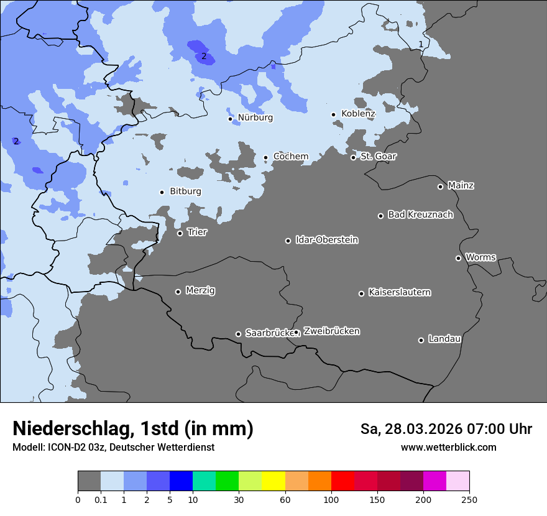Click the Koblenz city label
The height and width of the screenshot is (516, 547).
point(358,114)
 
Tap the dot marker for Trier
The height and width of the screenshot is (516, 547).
point(180,233)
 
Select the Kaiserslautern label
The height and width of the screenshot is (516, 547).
point(399,292)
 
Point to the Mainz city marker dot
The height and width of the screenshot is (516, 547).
point(440,187)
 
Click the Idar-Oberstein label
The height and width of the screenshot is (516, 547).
point(326,240)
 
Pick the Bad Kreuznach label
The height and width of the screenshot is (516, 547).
point(420,214)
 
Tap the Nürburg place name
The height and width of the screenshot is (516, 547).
point(255,117)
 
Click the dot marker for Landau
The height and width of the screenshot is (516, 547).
point(421,340)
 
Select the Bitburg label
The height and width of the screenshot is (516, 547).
point(185,191)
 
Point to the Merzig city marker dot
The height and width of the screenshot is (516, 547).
point(178,292)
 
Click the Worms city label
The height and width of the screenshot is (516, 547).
point(480,257)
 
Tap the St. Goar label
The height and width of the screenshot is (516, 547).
point(378,157)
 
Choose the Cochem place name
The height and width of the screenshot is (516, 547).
point(291,157)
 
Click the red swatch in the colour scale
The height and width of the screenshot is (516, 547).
point(342,481)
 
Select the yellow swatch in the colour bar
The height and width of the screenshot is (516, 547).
point(273,481)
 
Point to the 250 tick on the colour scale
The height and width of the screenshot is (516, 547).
point(469,499)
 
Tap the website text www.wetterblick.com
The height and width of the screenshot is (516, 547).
point(448,447)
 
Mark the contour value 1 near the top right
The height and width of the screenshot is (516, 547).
point(421,44)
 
